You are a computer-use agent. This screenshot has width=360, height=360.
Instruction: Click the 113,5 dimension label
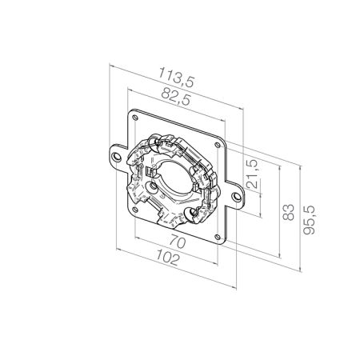pyautogui.click(x=177, y=77)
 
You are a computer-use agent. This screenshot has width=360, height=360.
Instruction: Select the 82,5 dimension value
pyautogui.click(x=176, y=97)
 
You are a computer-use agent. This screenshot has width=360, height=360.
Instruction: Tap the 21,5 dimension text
pyautogui.click(x=252, y=174)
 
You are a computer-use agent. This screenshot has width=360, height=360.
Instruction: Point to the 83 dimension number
pyautogui.click(x=288, y=212)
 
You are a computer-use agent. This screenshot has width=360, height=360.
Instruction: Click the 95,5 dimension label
pyautogui.click(x=310, y=220)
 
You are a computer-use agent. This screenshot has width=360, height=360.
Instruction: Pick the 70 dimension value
pyautogui.click(x=178, y=242)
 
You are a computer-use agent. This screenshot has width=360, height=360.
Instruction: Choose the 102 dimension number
pyautogui.click(x=167, y=258)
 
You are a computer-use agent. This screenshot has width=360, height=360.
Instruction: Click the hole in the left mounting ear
pyautogui.click(x=116, y=157)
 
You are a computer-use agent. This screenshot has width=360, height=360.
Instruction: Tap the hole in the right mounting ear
pyautogui.click(x=237, y=197)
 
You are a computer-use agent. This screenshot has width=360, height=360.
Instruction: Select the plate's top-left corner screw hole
pyautogui.click(x=135, y=117)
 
